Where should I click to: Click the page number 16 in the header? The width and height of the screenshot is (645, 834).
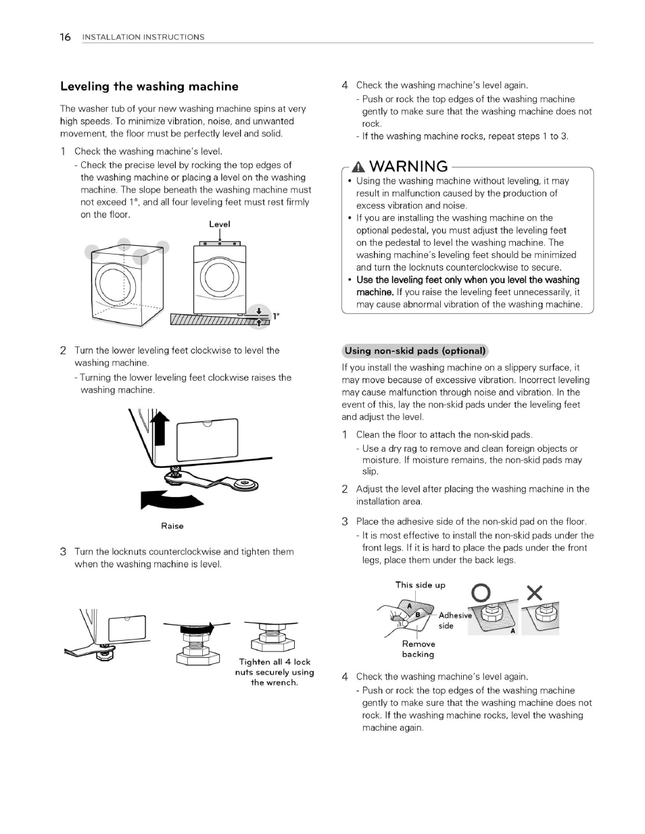pos(65,37)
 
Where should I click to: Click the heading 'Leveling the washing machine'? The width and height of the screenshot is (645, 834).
pos(149,86)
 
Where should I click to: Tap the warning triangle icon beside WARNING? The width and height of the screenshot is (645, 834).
pos(359,167)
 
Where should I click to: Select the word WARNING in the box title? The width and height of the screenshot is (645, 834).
pos(409,166)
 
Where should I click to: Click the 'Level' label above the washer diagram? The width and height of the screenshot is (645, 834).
pos(219,224)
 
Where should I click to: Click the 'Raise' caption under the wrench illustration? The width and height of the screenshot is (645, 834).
pos(172,526)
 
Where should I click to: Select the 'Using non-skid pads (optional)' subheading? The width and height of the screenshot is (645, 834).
pos(415,350)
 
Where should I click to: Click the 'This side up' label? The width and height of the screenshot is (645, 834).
pos(420,585)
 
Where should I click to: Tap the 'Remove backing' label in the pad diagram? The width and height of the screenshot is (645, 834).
pos(418,649)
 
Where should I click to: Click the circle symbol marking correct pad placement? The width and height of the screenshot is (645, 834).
pos(481,593)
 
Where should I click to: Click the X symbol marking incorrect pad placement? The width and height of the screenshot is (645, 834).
pos(534,593)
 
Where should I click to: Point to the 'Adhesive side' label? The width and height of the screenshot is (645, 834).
pos(454,621)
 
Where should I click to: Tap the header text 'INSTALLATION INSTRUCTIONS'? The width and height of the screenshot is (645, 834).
pos(143,37)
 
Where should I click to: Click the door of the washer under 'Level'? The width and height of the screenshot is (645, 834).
pos(218,278)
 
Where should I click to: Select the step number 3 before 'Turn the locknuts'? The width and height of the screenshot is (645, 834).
pos(63,552)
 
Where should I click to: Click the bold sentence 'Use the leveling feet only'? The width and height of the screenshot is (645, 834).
pos(467,280)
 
